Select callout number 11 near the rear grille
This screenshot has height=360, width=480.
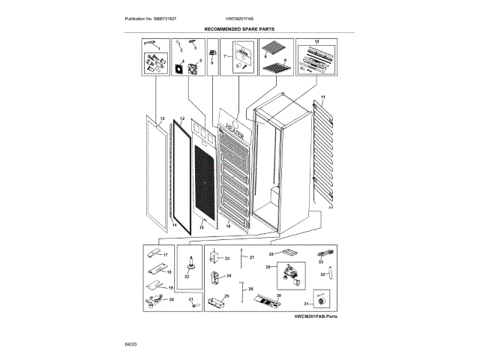(323, 99)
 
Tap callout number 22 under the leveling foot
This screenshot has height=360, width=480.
(188, 277)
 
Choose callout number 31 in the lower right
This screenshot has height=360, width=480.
(306, 302)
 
